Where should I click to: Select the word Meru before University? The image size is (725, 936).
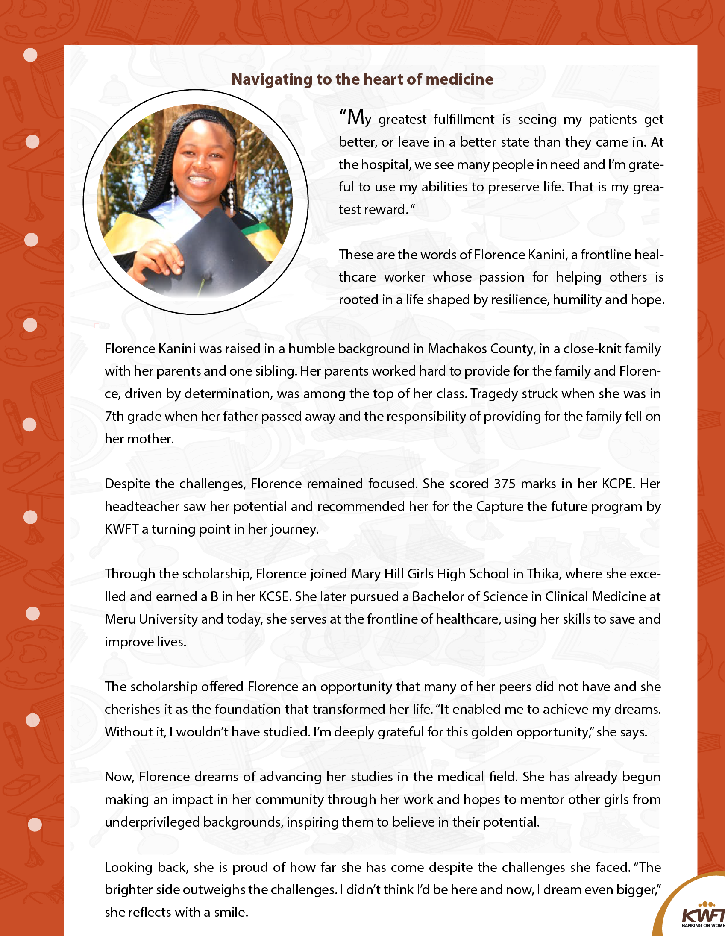click(x=120, y=619)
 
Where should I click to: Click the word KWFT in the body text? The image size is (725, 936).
click(x=121, y=529)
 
